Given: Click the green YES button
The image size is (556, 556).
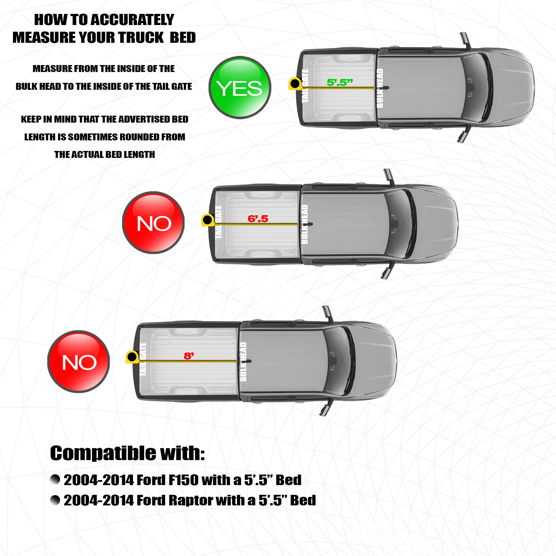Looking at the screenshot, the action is [x=240, y=88].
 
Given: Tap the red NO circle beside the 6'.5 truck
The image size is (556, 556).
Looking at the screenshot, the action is [x=153, y=222].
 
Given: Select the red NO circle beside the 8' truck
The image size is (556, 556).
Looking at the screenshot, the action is [x=79, y=361].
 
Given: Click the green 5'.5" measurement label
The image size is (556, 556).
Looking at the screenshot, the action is [x=340, y=83].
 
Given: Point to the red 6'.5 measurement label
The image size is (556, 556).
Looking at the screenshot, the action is [x=258, y=219].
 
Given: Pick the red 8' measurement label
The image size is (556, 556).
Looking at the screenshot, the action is [x=189, y=356].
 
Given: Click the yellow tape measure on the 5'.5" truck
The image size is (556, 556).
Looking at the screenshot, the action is [x=295, y=84].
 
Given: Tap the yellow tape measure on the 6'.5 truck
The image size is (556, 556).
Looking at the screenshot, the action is [x=208, y=220].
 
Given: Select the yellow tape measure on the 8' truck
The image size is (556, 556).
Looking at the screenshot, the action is [x=132, y=357].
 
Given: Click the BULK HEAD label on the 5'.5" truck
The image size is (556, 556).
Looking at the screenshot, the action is [x=380, y=88].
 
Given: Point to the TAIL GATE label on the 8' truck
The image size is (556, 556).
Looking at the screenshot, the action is [x=143, y=359].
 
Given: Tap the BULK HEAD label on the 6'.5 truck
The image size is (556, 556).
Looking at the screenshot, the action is [x=304, y=224].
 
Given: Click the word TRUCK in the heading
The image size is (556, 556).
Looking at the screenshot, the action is [x=141, y=38].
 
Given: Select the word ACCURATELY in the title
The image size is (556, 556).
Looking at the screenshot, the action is [x=133, y=19].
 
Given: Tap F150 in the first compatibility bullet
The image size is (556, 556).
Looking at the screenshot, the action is [x=183, y=480].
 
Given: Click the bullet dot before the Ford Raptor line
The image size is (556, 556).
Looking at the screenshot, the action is [x=55, y=500].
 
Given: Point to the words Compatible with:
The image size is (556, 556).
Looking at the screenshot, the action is [x=128, y=453].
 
